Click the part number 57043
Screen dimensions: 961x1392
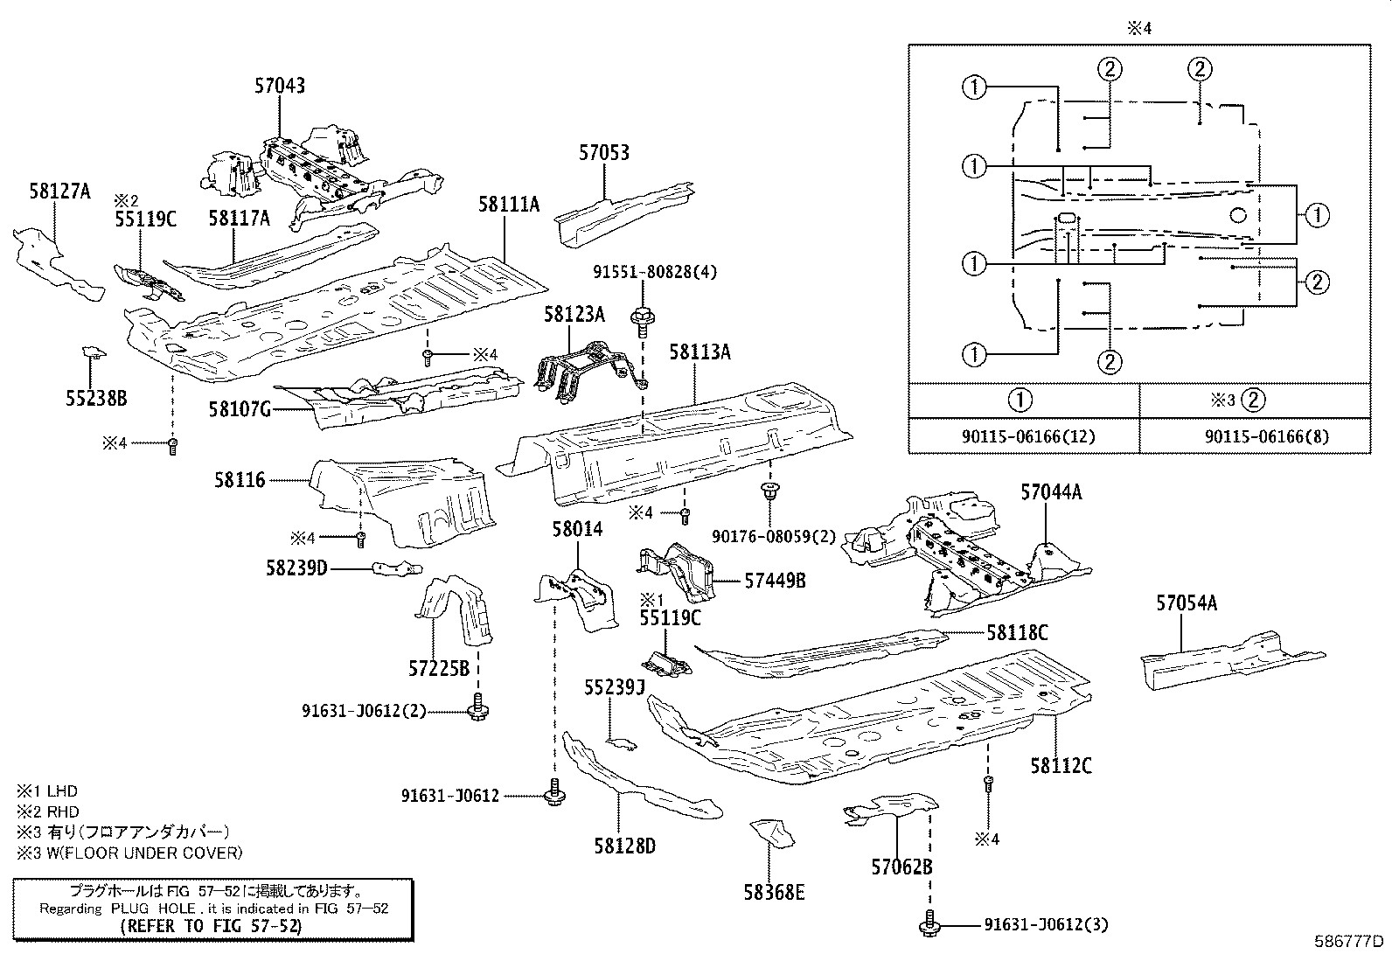tap(280, 86)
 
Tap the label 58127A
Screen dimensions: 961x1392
tap(59, 192)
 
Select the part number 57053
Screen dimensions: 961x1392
tap(603, 153)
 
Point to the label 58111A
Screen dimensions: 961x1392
tap(509, 205)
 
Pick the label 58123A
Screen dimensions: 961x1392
tap(574, 314)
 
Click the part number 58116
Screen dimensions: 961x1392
tap(240, 480)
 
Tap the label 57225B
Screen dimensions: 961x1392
tap(439, 669)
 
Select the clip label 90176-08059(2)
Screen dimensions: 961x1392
tap(762, 535)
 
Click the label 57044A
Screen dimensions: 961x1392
tap(1051, 492)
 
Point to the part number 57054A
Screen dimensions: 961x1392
tap(1187, 602)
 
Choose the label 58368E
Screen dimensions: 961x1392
tap(774, 892)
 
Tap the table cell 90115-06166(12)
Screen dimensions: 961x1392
tap(1023, 435)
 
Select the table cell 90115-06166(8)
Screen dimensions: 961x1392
tap(1254, 435)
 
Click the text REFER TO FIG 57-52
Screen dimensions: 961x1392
tap(210, 925)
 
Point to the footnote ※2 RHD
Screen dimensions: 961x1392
tap(48, 811)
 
